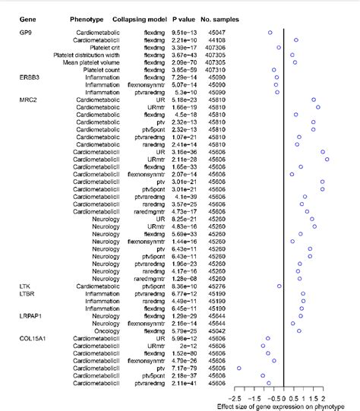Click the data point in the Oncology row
(299, 330)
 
